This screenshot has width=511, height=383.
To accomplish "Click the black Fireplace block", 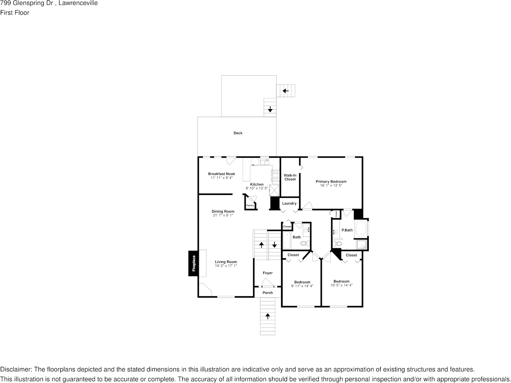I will pyautogui.click(x=194, y=263).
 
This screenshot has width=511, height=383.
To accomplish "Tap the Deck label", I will pyautogui.click(x=238, y=133).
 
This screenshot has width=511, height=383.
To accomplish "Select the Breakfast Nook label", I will pyautogui.click(x=221, y=174).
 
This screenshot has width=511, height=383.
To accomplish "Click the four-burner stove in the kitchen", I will pyautogui.click(x=275, y=175).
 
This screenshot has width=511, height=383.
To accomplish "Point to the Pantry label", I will pyautogui.click(x=250, y=205).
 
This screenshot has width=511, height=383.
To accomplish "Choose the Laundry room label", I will pyautogui.click(x=289, y=203).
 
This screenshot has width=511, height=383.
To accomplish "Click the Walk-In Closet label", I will pyautogui.click(x=290, y=177).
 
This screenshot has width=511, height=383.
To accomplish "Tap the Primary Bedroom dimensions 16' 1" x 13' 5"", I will pyautogui.click(x=331, y=186).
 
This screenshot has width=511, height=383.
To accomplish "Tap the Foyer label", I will pyautogui.click(x=268, y=273).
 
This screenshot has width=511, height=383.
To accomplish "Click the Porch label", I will pyautogui.click(x=268, y=293).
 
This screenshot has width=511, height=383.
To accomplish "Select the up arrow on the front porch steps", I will pyautogui.click(x=267, y=316).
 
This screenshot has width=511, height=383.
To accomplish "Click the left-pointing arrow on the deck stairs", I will pyautogui.click(x=285, y=91).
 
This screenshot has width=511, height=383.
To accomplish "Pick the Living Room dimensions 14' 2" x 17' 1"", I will pyautogui.click(x=226, y=266).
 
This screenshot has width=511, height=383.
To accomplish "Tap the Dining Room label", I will pyautogui.click(x=223, y=212).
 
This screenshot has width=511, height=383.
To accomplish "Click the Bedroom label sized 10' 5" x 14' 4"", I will pyautogui.click(x=341, y=281).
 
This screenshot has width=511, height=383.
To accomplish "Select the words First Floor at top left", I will pyautogui.click(x=15, y=13).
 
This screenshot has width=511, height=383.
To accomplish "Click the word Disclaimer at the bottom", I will pyautogui.click(x=15, y=369).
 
